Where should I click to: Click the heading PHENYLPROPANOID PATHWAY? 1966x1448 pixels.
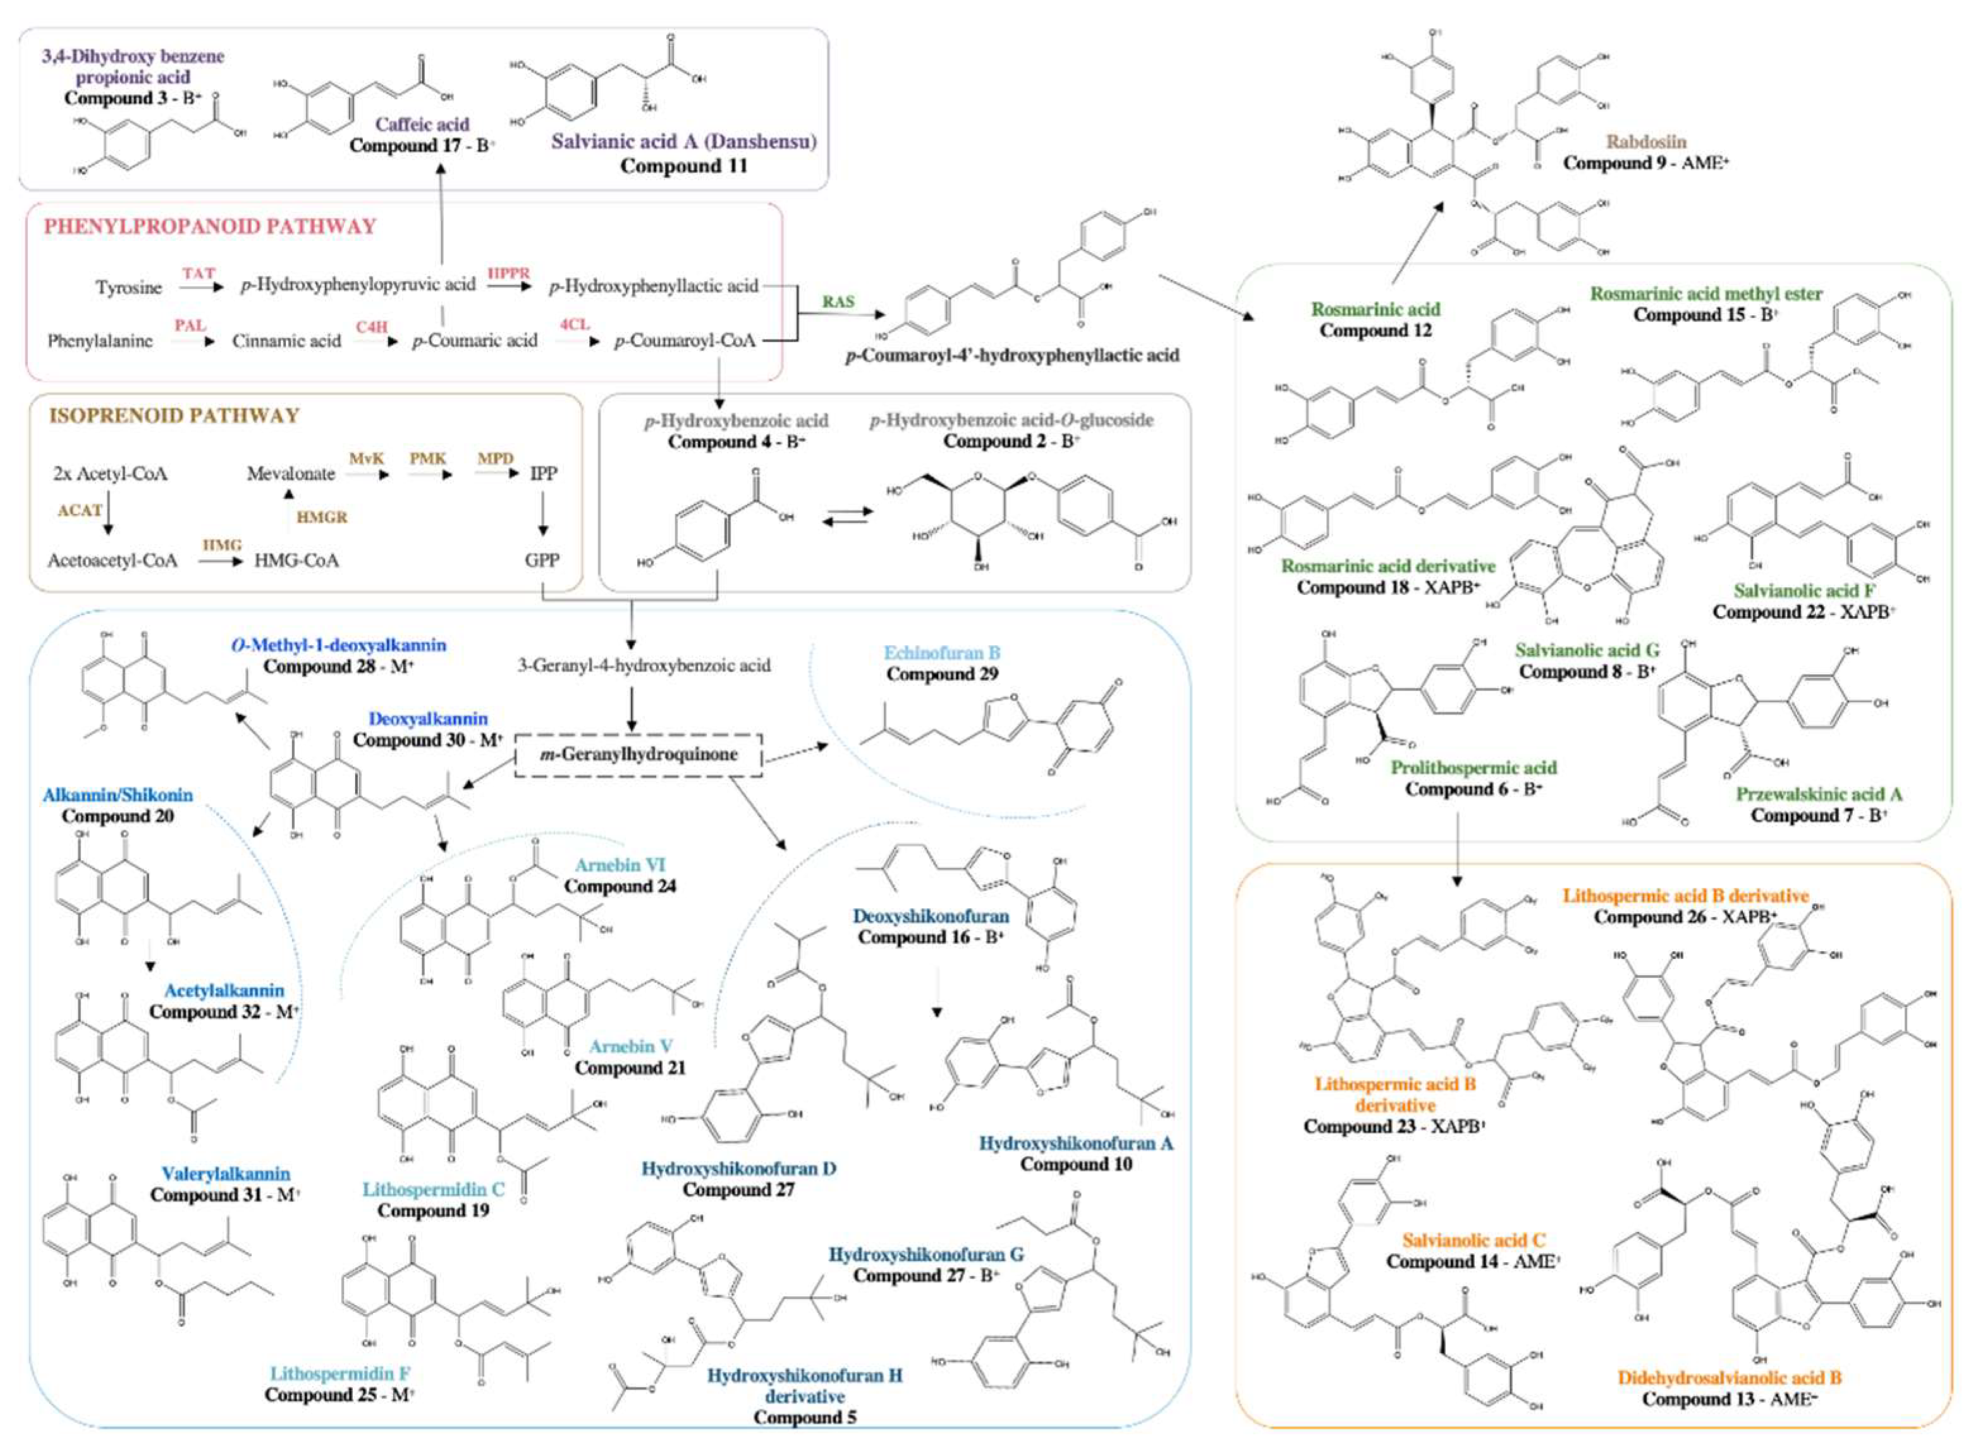point(211,226)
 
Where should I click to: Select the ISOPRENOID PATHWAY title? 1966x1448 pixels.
point(174,415)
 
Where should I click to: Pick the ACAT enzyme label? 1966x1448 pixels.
point(80,510)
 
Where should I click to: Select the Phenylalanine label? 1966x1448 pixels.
point(100,341)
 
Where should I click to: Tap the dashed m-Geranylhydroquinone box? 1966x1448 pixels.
point(637,754)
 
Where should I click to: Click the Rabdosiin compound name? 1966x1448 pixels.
point(1645,141)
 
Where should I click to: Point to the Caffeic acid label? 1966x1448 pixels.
point(422,125)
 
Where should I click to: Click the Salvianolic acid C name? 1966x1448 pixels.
point(1474,1240)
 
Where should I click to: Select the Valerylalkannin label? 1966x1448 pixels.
point(225,1174)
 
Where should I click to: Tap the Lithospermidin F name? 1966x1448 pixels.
point(339,1373)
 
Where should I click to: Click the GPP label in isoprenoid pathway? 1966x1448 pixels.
point(542,560)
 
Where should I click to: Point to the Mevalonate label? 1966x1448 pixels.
point(290,474)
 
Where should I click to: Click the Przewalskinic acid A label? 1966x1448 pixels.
point(1819,794)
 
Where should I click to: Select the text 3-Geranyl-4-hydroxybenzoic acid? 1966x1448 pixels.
point(644,666)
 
